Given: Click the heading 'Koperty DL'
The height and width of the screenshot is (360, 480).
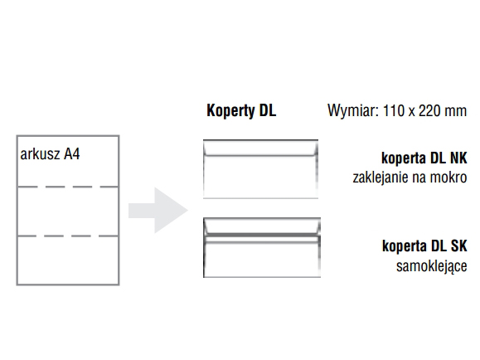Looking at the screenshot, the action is click(241, 110).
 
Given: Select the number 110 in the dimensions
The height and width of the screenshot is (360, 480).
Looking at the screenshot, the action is click(393, 110).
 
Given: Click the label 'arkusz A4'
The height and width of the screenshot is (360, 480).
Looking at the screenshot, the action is click(50, 153).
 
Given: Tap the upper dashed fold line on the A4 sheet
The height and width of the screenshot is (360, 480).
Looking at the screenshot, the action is click(68, 187).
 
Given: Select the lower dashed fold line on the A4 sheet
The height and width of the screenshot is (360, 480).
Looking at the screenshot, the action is click(68, 236).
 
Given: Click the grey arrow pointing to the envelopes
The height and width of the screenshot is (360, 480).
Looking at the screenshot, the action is click(158, 211).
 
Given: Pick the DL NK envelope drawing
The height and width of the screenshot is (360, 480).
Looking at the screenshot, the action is click(260, 169).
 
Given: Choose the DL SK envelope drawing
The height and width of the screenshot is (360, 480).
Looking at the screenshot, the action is click(262, 247).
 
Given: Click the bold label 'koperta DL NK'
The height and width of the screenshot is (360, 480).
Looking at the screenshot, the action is click(424, 158).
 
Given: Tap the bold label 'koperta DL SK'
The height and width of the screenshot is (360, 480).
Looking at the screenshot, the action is click(424, 246).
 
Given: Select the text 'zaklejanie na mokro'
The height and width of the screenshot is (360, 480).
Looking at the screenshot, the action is click(410, 178).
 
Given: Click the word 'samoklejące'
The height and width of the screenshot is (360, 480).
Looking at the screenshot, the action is click(432, 266).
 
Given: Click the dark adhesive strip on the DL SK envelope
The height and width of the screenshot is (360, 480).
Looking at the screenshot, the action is click(262, 236).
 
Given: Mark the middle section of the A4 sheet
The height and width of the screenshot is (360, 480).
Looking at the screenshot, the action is click(68, 212).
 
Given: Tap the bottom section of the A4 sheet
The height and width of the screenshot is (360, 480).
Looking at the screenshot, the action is click(68, 260).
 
